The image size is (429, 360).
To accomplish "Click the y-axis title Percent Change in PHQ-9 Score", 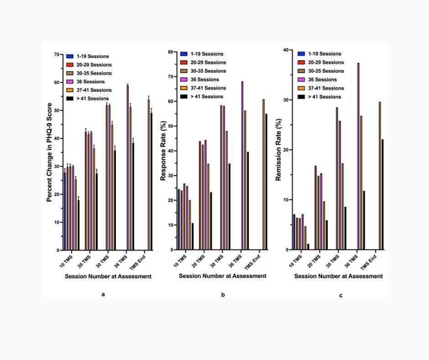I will (49, 152).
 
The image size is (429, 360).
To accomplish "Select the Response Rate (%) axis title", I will (163, 152).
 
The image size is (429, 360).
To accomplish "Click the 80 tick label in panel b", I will (171, 52).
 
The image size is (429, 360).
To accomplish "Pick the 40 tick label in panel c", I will (286, 50).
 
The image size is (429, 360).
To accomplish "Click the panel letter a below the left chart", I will (103, 294).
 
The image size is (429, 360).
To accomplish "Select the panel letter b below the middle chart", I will (223, 295).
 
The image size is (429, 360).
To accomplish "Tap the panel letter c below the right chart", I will (340, 296).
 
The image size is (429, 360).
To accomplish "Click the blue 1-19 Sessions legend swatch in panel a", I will (70, 56).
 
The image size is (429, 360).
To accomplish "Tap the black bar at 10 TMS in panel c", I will (308, 247).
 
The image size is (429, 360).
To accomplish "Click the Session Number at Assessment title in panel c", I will (338, 276).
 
